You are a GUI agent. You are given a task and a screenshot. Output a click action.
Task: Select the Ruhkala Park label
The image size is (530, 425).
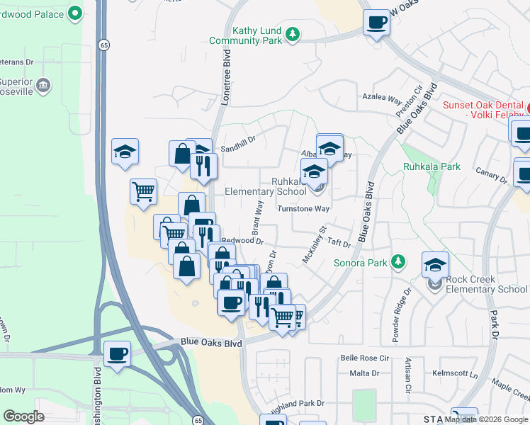tap(432, 167)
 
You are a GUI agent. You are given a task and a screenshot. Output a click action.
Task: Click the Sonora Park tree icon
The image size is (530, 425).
tap(398, 263)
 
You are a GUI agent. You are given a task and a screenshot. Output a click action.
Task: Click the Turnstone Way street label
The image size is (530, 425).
tap(303, 209)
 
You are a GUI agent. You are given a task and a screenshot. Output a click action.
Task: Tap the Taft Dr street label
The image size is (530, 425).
tap(339, 243)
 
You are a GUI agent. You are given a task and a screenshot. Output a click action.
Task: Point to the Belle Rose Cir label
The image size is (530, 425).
tap(365, 358)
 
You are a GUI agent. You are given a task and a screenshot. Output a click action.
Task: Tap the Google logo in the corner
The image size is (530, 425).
tap(24, 416)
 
